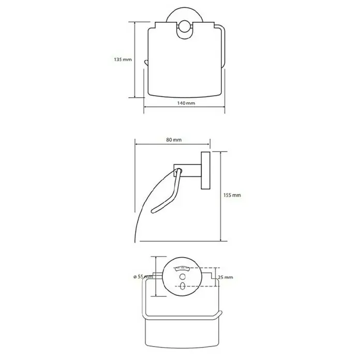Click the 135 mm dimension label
(x=123, y=59)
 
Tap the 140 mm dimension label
(x=186, y=103)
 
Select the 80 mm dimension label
(x=174, y=140)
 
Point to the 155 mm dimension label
(x=232, y=195)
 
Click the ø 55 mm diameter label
(x=143, y=277)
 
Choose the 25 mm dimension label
(x=225, y=277)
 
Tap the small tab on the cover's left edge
(x=145, y=63)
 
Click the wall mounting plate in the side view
(x=205, y=170)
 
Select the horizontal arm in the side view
(x=187, y=170)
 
